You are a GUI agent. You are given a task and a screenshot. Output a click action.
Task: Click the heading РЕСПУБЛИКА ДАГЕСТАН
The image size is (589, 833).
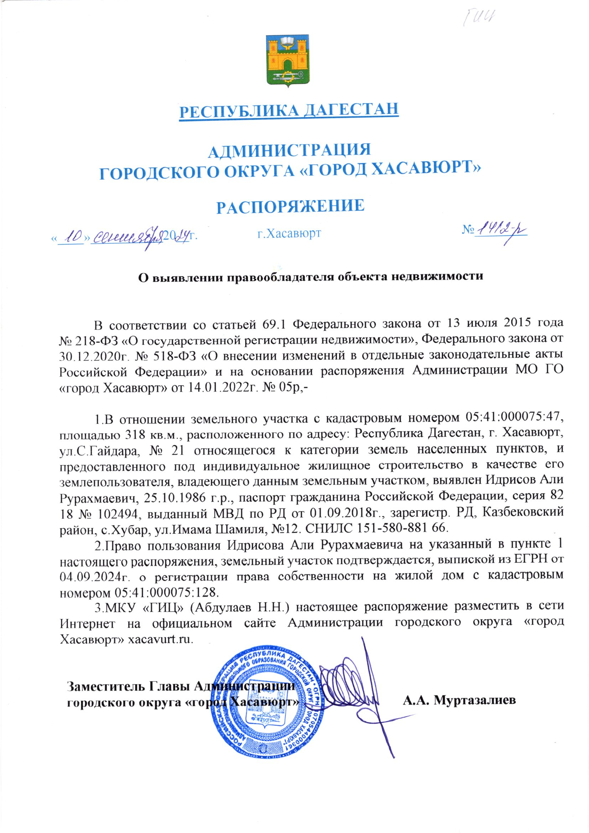pyautogui.click(x=289, y=109)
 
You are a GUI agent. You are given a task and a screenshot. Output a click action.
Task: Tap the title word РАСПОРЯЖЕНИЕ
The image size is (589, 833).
pyautogui.click(x=290, y=206)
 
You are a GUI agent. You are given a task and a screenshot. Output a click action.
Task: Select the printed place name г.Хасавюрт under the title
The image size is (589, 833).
pyautogui.click(x=289, y=233)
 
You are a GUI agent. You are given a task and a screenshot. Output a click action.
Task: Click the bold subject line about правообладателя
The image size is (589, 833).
pyautogui.click(x=312, y=276)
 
